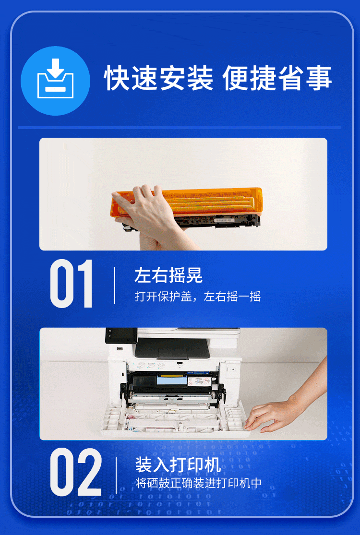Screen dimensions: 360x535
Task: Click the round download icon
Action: pyautogui.click(x=55, y=81)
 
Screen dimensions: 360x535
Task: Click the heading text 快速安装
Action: pyautogui.click(x=159, y=79)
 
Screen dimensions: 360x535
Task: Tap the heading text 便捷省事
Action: pyautogui.click(x=277, y=79)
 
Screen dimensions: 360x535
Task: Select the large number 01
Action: pyautogui.click(x=72, y=284)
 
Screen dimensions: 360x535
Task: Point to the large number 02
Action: pyautogui.click(x=76, y=472)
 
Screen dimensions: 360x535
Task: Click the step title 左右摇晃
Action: pyautogui.click(x=168, y=275)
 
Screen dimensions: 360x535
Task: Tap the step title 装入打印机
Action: pyautogui.click(x=178, y=464)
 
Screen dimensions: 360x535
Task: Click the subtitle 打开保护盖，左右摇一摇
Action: pyautogui.click(x=198, y=296)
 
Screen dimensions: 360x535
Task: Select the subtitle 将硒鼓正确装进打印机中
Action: pyautogui.click(x=199, y=483)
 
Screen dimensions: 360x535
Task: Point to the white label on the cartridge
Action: pyautogui.click(x=224, y=220)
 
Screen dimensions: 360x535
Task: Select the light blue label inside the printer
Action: pyautogui.click(x=172, y=380)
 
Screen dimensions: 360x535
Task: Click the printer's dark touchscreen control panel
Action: pyautogui.click(x=121, y=335)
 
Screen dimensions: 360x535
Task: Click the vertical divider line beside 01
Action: pyautogui.click(x=115, y=285)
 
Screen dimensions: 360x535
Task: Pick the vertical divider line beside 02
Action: pyautogui.click(x=116, y=475)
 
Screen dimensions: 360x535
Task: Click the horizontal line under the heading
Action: pyautogui.click(x=180, y=128)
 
